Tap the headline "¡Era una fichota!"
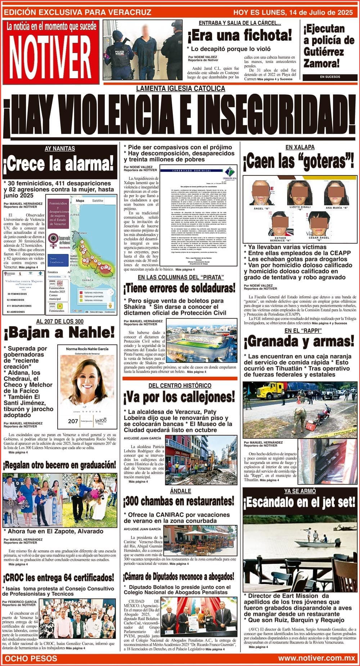tap(239, 36)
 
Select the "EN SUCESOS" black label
tap(327, 77)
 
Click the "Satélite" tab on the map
tap(97, 201)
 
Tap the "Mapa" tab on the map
tap(80, 201)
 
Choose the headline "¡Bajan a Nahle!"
tap(59, 333)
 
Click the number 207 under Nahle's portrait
tap(73, 421)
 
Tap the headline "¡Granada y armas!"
tap(299, 341)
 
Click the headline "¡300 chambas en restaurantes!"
tap(179, 501)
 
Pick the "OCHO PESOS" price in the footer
tap(31, 658)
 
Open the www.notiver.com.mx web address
tap(316, 658)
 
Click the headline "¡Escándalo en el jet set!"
tap(299, 502)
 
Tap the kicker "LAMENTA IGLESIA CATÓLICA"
tap(180, 89)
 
